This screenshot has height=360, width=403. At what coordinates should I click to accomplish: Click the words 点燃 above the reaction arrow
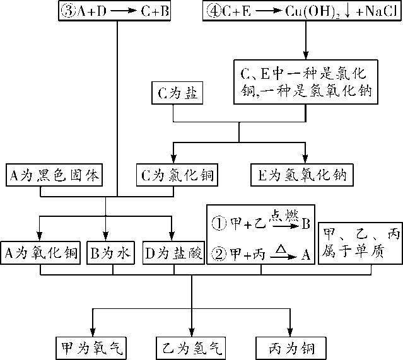click(281, 214)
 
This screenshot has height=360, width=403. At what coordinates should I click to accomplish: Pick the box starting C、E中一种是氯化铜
click(306, 81)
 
